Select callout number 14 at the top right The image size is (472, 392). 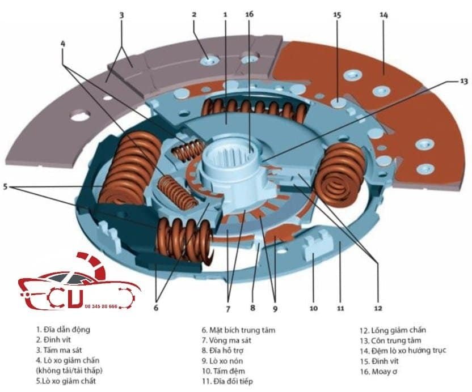384,15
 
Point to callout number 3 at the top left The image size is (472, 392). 121,15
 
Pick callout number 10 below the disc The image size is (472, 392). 314,309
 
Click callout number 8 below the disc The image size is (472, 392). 252,309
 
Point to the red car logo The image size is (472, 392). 77,286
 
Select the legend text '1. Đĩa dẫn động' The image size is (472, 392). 63,329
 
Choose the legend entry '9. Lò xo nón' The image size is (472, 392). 222,361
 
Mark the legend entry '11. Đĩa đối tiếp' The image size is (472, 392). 227,382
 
